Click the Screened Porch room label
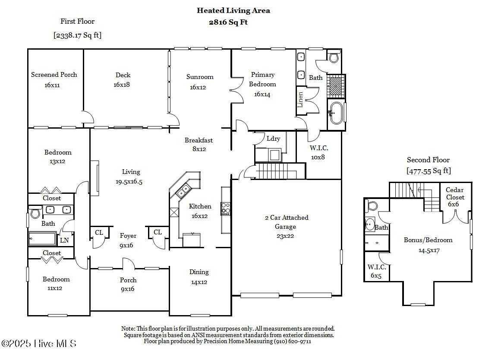pyautogui.click(x=54, y=75)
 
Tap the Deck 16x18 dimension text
pyautogui.click(x=122, y=85)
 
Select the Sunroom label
pyautogui.click(x=200, y=77)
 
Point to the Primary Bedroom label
pyautogui.click(x=262, y=79)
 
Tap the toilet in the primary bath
pyautogui.click(x=334, y=56)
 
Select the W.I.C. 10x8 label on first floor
pyautogui.click(x=319, y=153)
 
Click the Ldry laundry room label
pyautogui.click(x=274, y=139)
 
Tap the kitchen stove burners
pyautogui.click(x=226, y=208)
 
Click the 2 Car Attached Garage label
pyautogui.click(x=287, y=222)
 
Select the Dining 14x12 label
pyautogui.click(x=199, y=277)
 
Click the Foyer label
pyautogui.click(x=128, y=236)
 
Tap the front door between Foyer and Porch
pyautogui.click(x=128, y=264)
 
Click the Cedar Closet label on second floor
pyautogui.click(x=455, y=194)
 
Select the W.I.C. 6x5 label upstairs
pyautogui.click(x=377, y=271)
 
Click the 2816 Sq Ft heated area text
pyautogui.click(x=228, y=22)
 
